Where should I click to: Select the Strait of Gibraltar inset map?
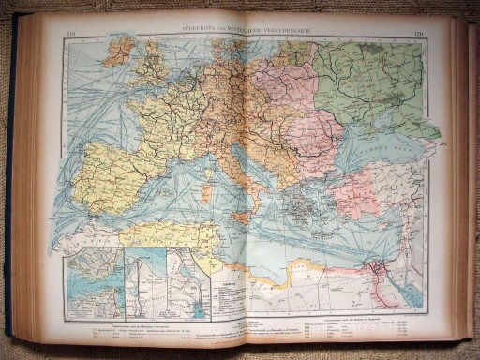(93, 276)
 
